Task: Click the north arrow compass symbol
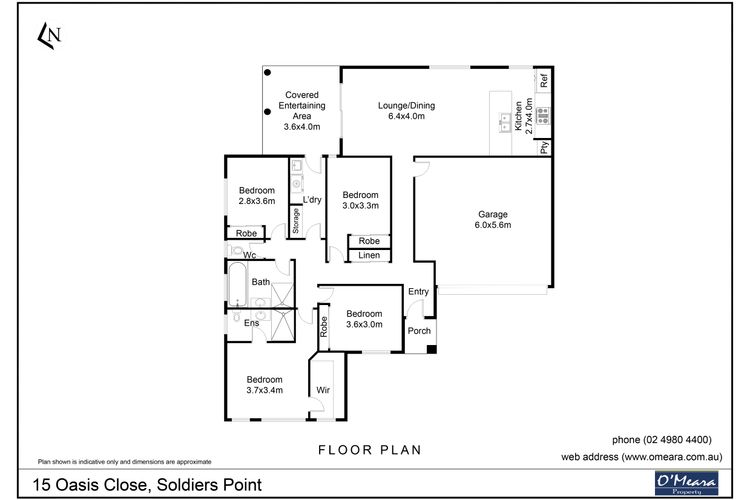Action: (49, 35)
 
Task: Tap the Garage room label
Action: (493, 214)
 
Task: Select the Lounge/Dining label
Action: (407, 106)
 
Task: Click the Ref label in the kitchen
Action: (543, 80)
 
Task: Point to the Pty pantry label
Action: (544, 147)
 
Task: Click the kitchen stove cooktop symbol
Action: (542, 116)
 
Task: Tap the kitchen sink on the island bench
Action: (505, 122)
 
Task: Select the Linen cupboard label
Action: (369, 256)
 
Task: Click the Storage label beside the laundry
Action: (296, 221)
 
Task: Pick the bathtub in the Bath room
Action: (237, 284)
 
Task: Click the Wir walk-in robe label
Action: (323, 390)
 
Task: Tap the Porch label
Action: (419, 331)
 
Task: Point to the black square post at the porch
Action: (431, 349)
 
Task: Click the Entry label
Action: (419, 291)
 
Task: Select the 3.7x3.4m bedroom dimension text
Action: (265, 390)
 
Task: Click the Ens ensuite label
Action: (252, 323)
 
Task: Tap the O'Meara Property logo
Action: (686, 483)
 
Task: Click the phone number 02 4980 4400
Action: (677, 440)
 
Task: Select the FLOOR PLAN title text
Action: (370, 450)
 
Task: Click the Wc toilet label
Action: (250, 255)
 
